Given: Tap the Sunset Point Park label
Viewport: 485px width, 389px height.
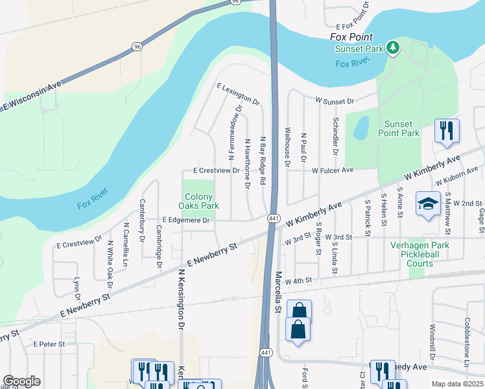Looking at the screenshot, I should [x=402, y=128].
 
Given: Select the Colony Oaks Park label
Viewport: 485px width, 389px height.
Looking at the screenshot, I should [x=198, y=201].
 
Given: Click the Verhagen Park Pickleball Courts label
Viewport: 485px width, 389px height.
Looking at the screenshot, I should [x=420, y=254].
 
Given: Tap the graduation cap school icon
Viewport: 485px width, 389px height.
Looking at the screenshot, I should [x=428, y=204].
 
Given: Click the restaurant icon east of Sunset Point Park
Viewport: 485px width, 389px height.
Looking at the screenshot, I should [x=447, y=130].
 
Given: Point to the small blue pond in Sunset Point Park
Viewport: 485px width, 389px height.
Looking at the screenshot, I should [x=361, y=128].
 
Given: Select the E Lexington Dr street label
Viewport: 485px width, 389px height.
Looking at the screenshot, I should [x=238, y=94].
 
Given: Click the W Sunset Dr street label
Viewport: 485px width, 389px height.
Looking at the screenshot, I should [x=335, y=101].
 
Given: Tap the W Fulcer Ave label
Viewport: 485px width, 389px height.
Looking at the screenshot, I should [x=332, y=171].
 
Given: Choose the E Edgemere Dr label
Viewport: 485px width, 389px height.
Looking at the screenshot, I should [x=187, y=220].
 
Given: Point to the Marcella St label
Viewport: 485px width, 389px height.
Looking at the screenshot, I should [x=278, y=292].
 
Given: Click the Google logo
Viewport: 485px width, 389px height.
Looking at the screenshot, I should [x=21, y=381].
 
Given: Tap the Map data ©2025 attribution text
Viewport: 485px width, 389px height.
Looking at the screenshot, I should [x=457, y=384].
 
